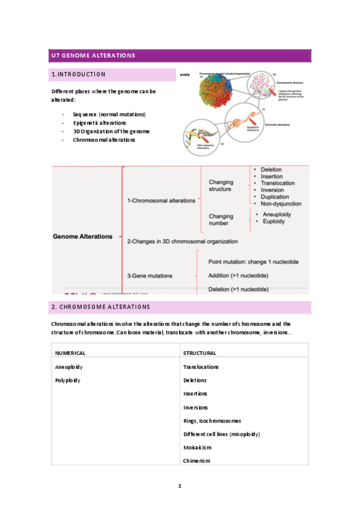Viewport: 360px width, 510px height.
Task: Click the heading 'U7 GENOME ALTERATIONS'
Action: point(93,56)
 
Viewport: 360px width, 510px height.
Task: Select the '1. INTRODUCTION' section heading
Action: point(79,75)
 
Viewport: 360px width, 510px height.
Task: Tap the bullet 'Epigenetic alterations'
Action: point(99,123)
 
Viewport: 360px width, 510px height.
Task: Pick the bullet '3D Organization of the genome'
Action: point(111,131)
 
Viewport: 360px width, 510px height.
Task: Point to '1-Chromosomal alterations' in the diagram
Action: point(161,201)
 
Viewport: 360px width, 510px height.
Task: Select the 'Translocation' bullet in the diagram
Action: point(278,183)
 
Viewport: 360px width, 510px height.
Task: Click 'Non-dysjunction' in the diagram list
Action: point(281,203)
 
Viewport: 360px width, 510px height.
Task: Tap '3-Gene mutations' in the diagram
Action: point(150,275)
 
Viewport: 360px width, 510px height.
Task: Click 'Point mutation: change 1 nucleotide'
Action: point(253,262)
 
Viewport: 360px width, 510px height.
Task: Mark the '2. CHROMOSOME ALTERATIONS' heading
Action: point(100,307)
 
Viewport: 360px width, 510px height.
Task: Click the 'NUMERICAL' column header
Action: point(70,353)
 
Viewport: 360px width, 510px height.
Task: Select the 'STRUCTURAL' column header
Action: point(200,353)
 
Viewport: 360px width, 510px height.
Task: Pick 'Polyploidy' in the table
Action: point(67,380)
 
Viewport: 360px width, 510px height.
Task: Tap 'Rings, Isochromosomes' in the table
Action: point(212,420)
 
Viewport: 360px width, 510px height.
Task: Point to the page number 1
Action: point(180,485)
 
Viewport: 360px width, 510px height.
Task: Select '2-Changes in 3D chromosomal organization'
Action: point(182,241)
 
